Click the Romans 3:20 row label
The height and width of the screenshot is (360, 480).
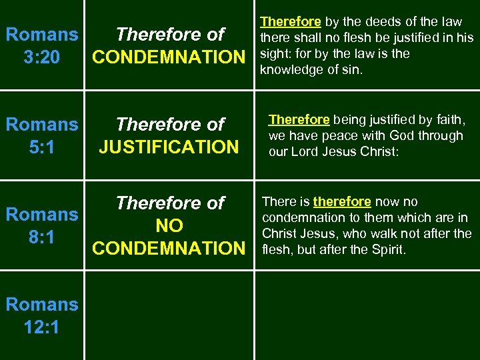coord(41,45)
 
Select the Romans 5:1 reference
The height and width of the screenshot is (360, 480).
coord(41,135)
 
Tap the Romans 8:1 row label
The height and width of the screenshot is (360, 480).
coord(41,225)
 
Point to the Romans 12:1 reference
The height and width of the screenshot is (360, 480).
coord(41,315)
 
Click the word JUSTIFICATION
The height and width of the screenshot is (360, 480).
coord(168,147)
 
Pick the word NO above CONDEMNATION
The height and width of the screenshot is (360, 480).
coord(169,225)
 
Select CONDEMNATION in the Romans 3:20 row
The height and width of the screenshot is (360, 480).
coord(169,57)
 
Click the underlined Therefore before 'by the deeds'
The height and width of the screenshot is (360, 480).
coord(290,23)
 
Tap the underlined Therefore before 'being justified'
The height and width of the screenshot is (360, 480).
coord(299,120)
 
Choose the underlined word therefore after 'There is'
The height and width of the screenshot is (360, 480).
coord(341,202)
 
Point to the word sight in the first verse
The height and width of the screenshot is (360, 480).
coord(274,54)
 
